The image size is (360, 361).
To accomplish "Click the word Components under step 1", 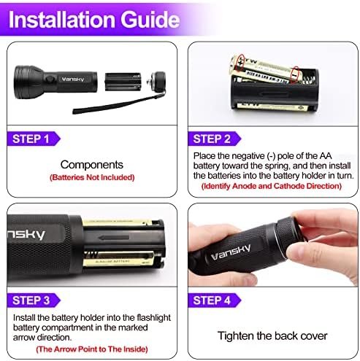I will coord(91,165).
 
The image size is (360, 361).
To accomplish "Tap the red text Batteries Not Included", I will coord(91,177).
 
